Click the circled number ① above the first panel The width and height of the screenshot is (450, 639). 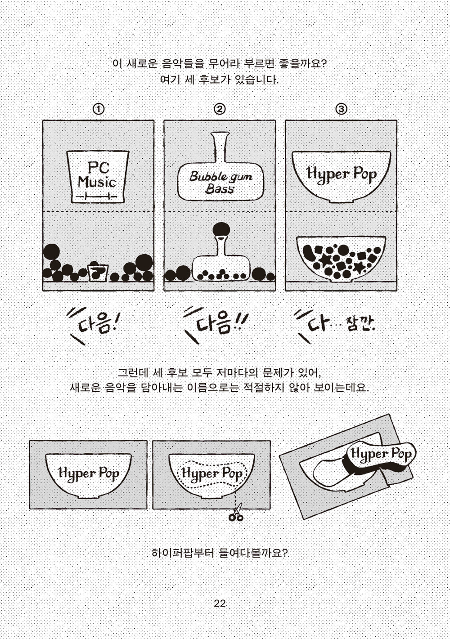[x=99, y=109]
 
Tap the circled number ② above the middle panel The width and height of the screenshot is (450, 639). [x=220, y=109]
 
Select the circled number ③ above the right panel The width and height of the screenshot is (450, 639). [x=342, y=109]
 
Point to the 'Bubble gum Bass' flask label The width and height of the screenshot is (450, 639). [x=220, y=182]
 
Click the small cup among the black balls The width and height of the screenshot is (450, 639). [x=98, y=272]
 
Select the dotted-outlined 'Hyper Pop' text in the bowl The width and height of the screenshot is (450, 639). [x=212, y=474]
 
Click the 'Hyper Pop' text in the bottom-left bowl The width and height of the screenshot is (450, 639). [x=89, y=473]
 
